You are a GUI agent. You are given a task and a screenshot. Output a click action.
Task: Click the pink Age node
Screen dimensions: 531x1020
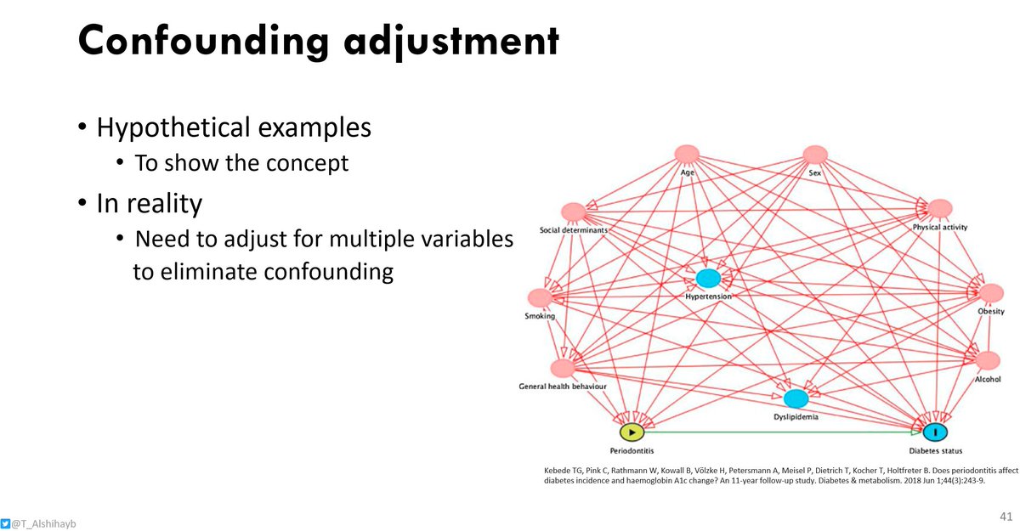coord(687,155)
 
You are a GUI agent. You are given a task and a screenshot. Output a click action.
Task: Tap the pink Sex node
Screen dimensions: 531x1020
coord(814,155)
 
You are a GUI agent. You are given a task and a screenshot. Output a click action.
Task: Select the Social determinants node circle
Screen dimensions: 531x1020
coord(573,212)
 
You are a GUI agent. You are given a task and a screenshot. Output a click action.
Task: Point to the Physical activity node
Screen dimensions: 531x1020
coord(939,209)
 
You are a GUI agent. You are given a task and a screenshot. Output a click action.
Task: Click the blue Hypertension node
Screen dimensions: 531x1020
coord(708,278)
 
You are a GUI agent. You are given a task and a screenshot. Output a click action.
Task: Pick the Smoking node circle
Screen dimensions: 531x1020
coord(540,298)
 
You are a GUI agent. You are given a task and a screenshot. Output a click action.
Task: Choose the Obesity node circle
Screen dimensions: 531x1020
coord(991,293)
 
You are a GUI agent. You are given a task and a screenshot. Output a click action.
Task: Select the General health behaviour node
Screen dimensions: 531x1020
coord(562,368)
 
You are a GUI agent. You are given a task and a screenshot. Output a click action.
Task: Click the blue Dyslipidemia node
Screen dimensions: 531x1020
coord(796,398)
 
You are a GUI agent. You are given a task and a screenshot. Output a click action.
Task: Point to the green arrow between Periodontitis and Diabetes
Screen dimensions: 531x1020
coord(782,432)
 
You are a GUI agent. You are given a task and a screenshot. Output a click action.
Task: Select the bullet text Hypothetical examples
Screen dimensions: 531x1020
coord(234,127)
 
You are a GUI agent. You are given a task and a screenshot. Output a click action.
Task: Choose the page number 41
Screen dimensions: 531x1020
coord(1006,517)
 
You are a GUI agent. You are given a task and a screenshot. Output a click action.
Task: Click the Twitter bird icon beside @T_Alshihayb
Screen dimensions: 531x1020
coord(6,523)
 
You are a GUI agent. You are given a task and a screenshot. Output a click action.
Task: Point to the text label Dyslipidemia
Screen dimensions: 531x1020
coord(796,417)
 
